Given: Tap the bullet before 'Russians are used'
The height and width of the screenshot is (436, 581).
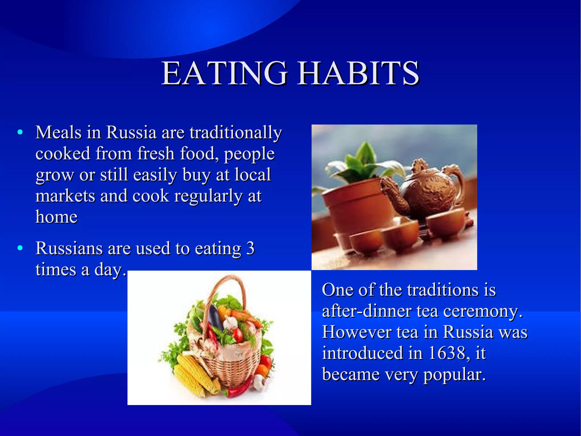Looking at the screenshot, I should [x=20, y=248].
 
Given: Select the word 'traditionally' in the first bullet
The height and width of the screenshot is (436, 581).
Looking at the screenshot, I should [x=236, y=133].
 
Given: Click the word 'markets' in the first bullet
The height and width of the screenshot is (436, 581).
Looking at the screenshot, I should [x=65, y=196].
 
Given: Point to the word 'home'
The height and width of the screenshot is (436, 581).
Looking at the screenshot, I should [x=56, y=217].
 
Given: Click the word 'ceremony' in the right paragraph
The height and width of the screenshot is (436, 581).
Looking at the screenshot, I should [x=482, y=311].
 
